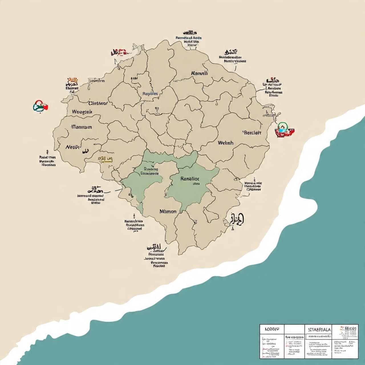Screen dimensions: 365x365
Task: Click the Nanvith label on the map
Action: tap(199, 73)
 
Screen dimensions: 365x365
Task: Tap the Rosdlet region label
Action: tap(150, 94)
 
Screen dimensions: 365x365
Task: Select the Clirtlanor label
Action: tap(98, 103)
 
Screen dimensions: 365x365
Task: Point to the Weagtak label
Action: tap(82, 112)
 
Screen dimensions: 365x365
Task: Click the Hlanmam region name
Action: tap(82, 127)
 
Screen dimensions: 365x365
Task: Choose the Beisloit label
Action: tap(252, 133)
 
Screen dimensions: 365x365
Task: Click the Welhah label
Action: tap(225, 143)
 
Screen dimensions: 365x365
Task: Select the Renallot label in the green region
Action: tap(190, 179)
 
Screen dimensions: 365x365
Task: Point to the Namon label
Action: tap(168, 212)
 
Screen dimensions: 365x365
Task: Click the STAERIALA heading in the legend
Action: tap(320, 329)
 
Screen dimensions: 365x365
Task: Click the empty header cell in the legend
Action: tap(294, 329)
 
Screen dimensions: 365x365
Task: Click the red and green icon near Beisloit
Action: tap(283, 130)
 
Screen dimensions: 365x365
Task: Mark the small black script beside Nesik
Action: tap(85, 151)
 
